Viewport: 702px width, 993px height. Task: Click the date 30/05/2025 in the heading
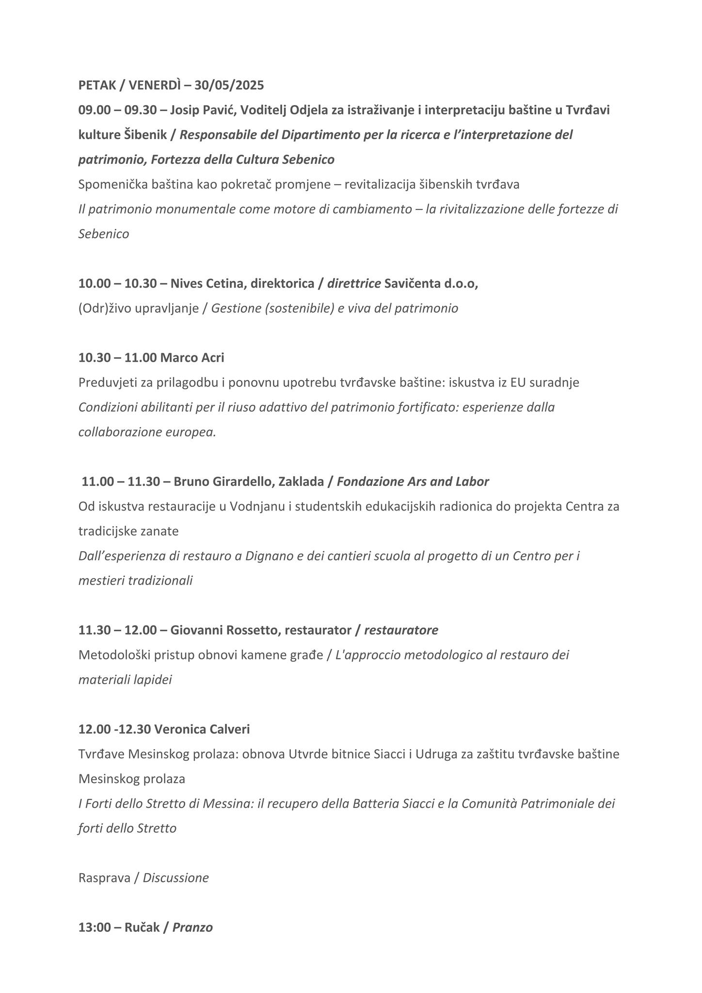pos(229,85)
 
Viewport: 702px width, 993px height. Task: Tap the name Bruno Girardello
pos(224,481)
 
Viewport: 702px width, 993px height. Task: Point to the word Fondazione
pos(364,481)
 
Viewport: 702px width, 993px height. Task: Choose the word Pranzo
pos(192,928)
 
